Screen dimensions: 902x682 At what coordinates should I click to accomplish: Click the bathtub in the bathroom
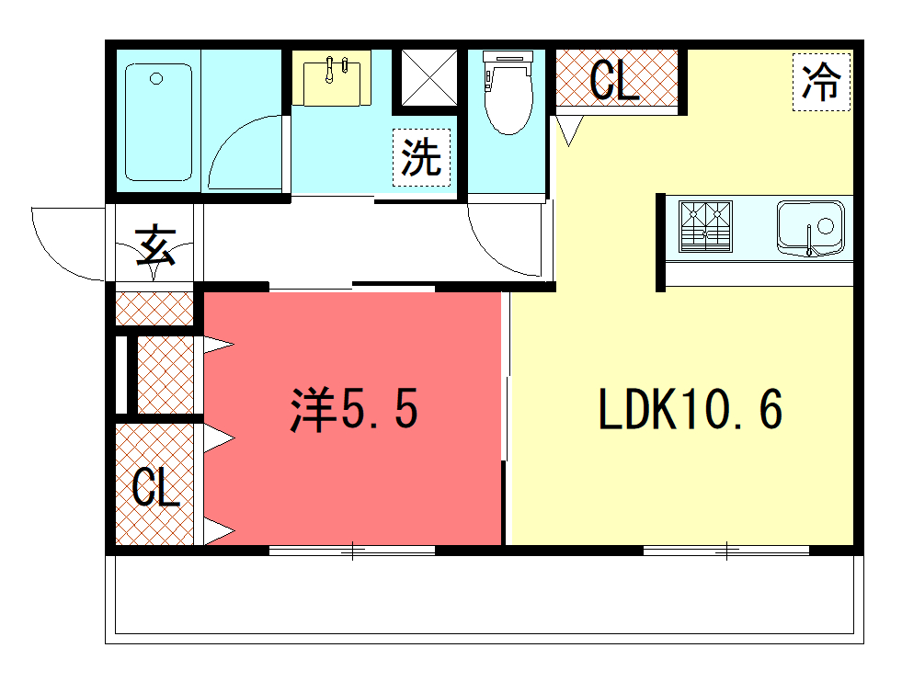click(x=158, y=122)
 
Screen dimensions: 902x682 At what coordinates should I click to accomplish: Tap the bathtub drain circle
click(x=156, y=79)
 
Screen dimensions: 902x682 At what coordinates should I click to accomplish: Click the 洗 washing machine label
click(x=421, y=157)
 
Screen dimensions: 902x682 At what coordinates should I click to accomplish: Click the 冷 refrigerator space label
click(x=821, y=82)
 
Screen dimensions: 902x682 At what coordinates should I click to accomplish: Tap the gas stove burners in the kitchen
click(x=705, y=226)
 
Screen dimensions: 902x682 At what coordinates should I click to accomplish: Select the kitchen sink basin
click(x=811, y=228)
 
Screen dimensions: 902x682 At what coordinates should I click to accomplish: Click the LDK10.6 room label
click(x=691, y=409)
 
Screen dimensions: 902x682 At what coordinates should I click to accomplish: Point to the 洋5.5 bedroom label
click(x=354, y=409)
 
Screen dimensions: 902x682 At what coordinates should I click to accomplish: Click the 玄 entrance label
click(x=154, y=245)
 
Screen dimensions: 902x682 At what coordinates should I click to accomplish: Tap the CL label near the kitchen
click(x=614, y=80)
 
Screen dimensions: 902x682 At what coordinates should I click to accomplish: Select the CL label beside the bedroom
click(x=155, y=486)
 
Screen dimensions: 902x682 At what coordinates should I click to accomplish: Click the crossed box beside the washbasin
click(x=429, y=78)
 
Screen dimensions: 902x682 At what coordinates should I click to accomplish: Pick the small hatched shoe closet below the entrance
click(x=154, y=309)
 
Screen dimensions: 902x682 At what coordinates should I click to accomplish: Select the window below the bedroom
click(x=352, y=551)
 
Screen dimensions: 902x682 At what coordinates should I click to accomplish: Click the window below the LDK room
click(x=726, y=551)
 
